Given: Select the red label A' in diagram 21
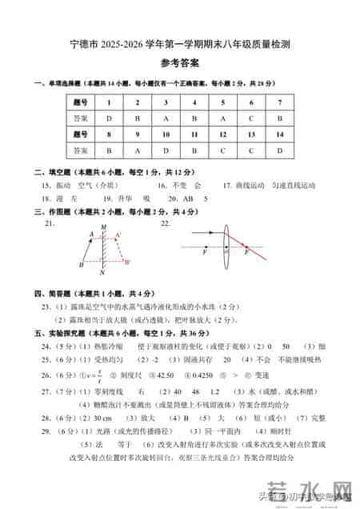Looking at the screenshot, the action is click(x=118, y=234).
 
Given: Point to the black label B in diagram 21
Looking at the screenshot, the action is click(x=82, y=265).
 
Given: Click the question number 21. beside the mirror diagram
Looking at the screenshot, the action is click(x=50, y=225).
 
